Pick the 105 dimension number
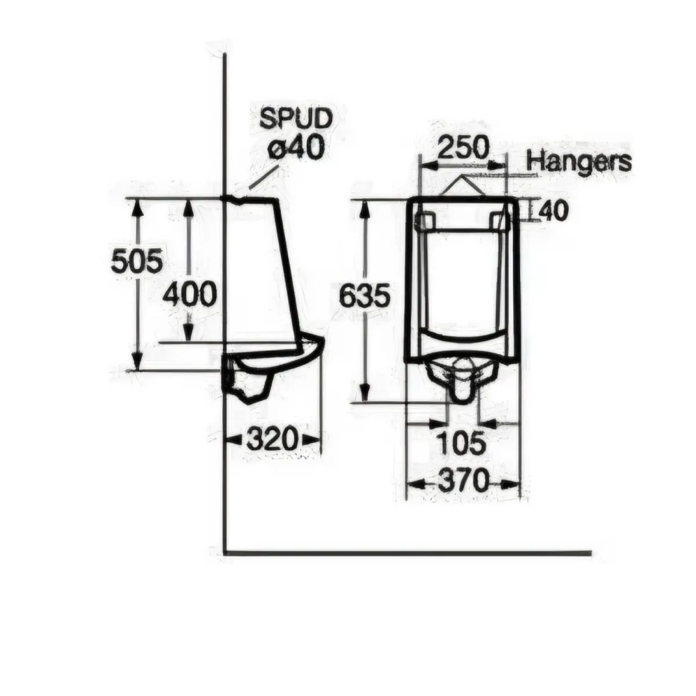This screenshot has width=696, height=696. (460, 443)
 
